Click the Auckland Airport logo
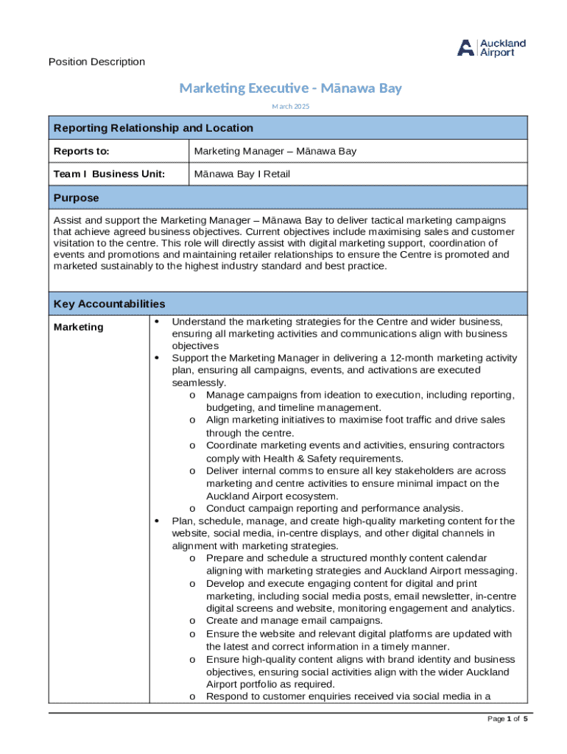coord(491,48)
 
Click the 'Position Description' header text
coord(96,62)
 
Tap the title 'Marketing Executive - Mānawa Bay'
coord(291,88)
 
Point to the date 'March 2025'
coord(291,107)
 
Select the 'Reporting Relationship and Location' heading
coord(153,128)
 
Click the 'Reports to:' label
coord(81,151)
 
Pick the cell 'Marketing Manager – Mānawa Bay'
coord(275,151)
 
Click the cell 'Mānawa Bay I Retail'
coord(242,174)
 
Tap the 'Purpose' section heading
coord(76,198)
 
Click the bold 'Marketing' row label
coord(79,327)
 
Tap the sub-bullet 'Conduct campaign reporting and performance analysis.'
coord(334,508)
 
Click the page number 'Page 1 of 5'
coord(508,719)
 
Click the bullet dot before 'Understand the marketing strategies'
coord(157,322)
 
